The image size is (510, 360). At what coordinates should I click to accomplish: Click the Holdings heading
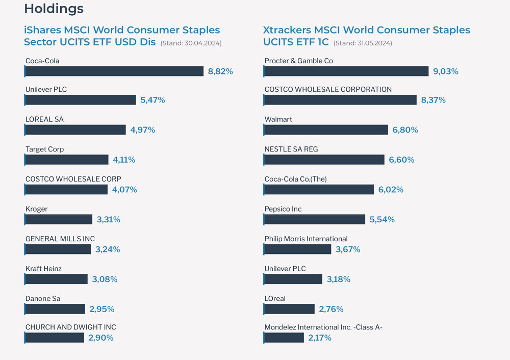tap(54, 9)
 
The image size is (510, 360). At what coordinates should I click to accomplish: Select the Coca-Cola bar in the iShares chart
tap(114, 71)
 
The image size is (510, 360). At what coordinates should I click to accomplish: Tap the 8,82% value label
tap(220, 71)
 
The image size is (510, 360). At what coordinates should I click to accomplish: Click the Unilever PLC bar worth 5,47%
tap(80, 100)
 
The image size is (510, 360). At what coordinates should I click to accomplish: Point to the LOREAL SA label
tap(44, 119)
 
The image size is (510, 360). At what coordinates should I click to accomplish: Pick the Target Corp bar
tap(66, 160)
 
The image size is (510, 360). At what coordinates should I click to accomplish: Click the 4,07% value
tap(125, 190)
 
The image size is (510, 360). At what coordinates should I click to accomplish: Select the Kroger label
tap(36, 209)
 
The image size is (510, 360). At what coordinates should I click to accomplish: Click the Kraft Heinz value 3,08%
tap(105, 279)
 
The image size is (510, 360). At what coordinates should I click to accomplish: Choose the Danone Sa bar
tap(55, 309)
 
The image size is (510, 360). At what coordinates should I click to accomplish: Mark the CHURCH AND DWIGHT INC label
tap(70, 327)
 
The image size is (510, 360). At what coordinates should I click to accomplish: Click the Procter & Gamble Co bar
tap(346, 71)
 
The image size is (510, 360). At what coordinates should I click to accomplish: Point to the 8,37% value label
tap(433, 100)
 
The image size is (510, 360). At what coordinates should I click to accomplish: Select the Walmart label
tap(278, 119)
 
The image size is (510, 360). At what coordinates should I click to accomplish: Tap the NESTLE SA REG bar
tap(324, 160)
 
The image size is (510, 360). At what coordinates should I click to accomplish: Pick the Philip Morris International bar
tap(297, 249)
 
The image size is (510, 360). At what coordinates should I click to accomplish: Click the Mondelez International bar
tap(285, 338)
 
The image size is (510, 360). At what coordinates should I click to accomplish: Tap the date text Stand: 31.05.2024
tap(363, 43)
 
